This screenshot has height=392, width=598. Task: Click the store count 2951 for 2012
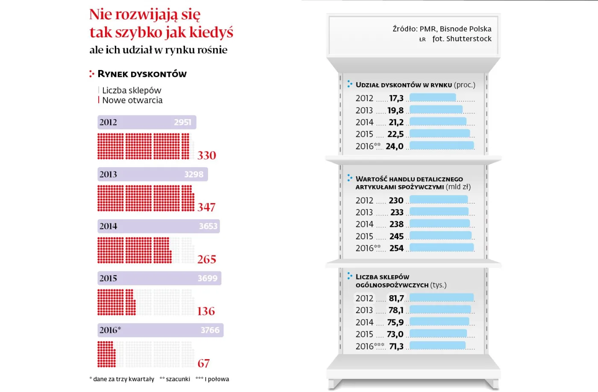(x=182, y=122)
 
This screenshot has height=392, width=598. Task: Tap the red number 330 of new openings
(x=207, y=156)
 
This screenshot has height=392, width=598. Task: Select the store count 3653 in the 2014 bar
(x=208, y=226)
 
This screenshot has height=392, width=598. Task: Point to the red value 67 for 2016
(x=204, y=363)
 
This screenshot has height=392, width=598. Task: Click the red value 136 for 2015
(x=206, y=311)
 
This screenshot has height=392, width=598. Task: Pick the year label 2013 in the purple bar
(x=108, y=174)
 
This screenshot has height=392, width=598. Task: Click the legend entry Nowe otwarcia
(x=132, y=100)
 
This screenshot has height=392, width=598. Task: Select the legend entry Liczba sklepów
(x=132, y=90)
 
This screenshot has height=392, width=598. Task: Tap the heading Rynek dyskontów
(x=142, y=74)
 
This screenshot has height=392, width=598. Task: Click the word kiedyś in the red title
(x=211, y=32)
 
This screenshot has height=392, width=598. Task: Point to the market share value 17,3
(x=396, y=99)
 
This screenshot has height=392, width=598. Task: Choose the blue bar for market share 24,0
(x=442, y=146)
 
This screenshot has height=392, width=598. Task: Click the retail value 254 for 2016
(x=396, y=248)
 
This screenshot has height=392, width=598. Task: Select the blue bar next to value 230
(x=439, y=200)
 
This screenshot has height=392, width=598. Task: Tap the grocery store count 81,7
(x=396, y=299)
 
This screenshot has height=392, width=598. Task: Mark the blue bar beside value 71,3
(x=437, y=346)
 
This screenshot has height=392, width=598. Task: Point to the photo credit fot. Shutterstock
(x=462, y=39)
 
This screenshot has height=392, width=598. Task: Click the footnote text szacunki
(x=178, y=379)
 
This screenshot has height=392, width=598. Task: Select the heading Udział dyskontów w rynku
(x=404, y=85)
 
